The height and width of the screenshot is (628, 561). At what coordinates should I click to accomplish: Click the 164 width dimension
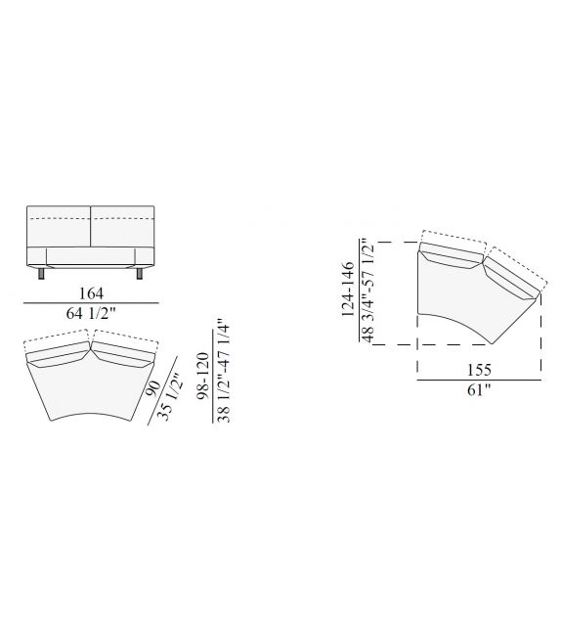(x=90, y=293)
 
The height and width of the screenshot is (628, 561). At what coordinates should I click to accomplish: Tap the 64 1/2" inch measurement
(x=90, y=314)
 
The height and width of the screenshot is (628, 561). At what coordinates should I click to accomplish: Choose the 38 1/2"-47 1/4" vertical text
(x=224, y=371)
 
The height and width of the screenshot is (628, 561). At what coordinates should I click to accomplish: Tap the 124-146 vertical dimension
(x=348, y=292)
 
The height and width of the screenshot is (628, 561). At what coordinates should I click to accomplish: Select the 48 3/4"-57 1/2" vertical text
(x=367, y=292)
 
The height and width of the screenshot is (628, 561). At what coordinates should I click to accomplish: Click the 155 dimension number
(x=477, y=371)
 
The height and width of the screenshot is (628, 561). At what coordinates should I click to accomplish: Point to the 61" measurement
(x=477, y=391)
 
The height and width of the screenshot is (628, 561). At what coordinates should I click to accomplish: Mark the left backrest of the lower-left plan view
(x=59, y=353)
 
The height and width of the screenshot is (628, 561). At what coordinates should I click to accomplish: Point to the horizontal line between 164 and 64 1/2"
(x=90, y=304)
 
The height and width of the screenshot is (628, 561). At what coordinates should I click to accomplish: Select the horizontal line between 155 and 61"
(x=479, y=381)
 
